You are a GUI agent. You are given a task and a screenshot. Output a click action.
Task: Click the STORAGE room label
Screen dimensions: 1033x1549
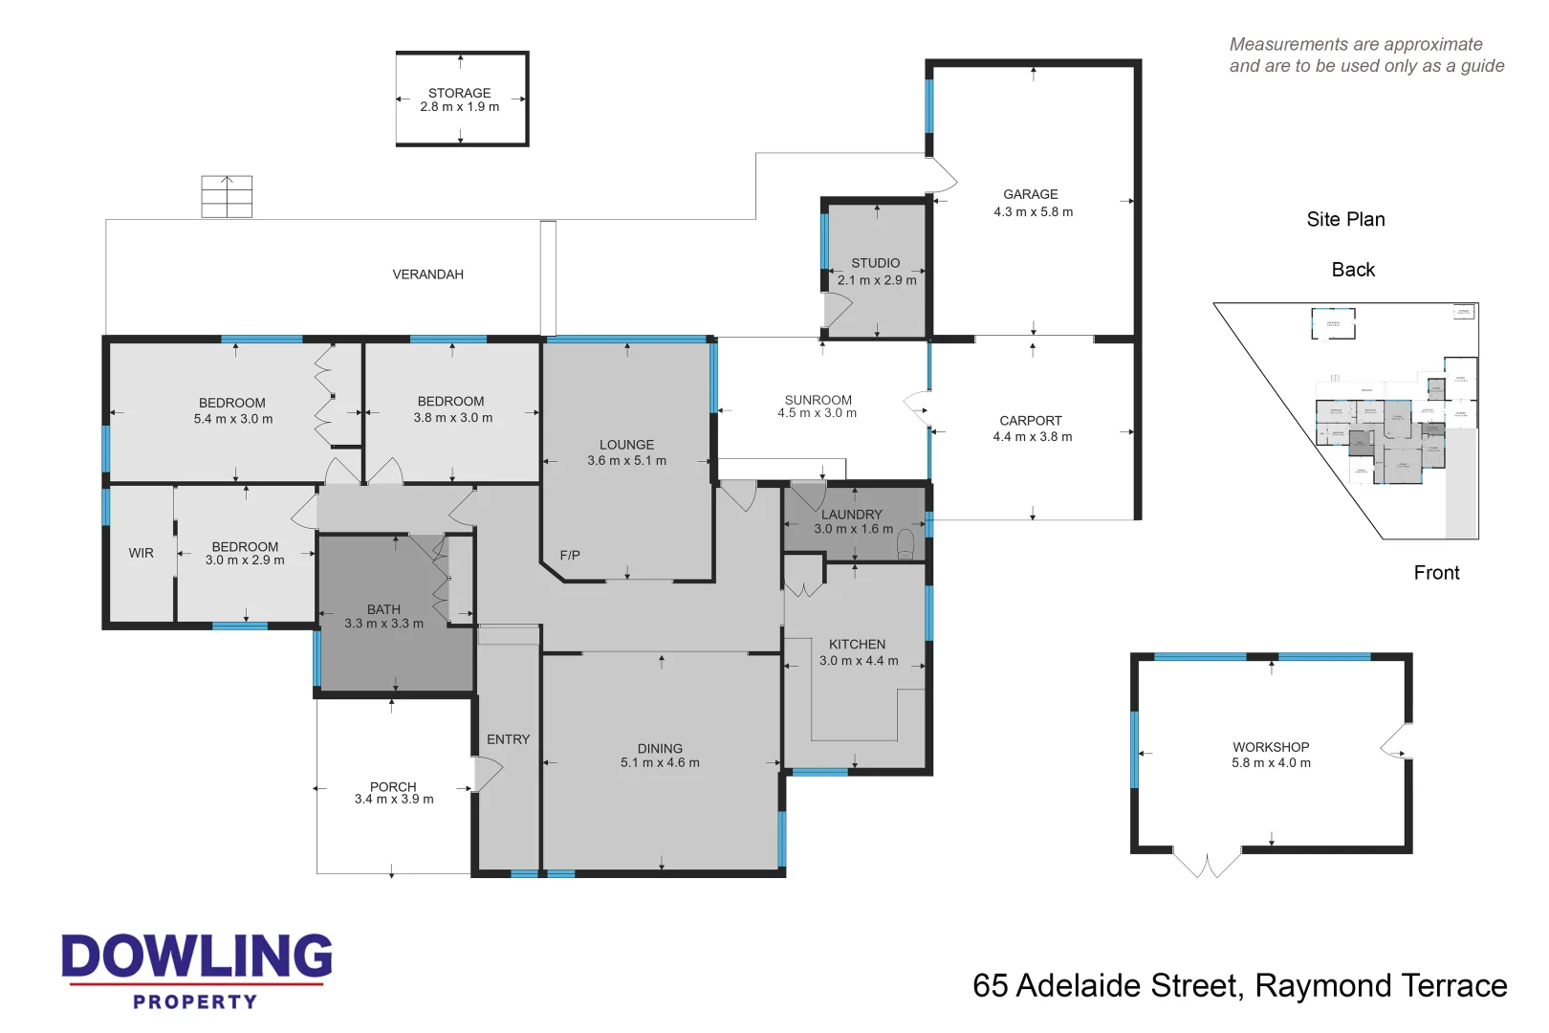(459, 93)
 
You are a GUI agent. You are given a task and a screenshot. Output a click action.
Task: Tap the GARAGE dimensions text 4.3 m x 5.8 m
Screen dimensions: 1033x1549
(1033, 212)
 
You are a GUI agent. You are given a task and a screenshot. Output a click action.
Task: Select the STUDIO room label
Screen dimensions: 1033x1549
(875, 263)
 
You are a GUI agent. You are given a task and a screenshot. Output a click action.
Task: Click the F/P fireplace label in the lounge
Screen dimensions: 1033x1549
(570, 555)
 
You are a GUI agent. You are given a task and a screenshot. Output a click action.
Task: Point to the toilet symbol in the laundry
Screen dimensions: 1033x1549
(905, 545)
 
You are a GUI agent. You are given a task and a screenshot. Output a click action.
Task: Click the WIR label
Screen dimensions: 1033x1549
(142, 553)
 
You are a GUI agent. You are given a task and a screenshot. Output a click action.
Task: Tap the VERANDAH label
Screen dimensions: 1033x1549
(427, 275)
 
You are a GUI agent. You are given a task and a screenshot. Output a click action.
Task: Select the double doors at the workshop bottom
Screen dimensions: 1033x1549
(1207, 863)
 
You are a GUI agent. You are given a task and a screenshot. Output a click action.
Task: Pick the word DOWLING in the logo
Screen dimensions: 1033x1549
(197, 956)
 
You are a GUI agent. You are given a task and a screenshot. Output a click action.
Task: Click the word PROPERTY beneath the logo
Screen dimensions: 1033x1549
(195, 1001)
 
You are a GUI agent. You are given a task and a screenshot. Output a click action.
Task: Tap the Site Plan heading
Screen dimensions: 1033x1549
(1345, 219)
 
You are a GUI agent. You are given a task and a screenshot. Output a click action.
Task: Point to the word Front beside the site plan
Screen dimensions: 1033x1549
(1436, 573)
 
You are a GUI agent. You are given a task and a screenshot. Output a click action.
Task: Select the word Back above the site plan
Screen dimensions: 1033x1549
(1353, 270)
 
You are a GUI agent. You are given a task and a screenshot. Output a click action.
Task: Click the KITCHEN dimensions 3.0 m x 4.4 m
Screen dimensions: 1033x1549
(859, 661)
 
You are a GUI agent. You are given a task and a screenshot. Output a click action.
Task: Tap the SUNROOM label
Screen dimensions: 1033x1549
(818, 400)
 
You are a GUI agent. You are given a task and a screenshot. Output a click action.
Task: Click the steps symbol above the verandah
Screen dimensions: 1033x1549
(227, 196)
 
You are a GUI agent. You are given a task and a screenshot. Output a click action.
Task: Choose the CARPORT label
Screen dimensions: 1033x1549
(1031, 421)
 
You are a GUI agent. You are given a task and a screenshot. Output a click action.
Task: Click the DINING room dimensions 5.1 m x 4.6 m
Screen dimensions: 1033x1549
(660, 763)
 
